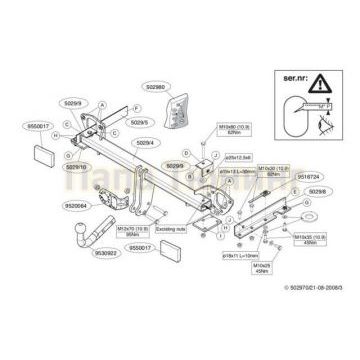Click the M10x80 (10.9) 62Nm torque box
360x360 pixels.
[226, 131]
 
